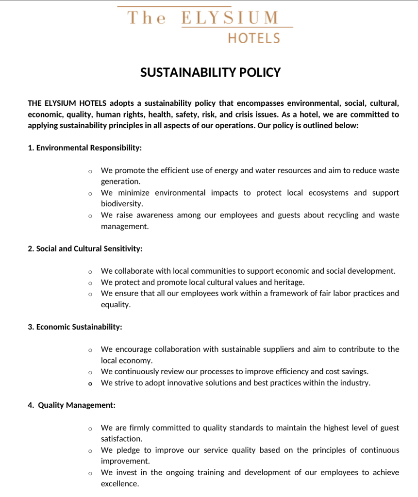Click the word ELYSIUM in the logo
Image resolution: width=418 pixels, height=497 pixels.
[x=230, y=18]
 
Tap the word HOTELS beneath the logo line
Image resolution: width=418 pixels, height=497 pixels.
[x=254, y=38]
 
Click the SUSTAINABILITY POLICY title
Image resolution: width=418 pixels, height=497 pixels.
[x=210, y=73]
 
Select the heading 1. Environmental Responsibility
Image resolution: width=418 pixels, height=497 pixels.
[x=85, y=148]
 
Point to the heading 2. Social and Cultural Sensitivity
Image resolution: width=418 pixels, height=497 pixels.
[x=85, y=248]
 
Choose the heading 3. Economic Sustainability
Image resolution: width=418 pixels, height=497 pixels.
[x=75, y=327]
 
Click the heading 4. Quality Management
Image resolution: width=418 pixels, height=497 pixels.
[x=71, y=405]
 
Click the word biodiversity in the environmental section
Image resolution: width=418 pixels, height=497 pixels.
[x=121, y=204]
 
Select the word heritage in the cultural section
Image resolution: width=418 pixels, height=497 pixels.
[x=289, y=282]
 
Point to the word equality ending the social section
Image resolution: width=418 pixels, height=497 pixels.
[x=116, y=305]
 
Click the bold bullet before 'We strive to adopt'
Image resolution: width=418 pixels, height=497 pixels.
[x=90, y=383]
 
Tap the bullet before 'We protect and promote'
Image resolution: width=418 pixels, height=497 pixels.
[x=90, y=282]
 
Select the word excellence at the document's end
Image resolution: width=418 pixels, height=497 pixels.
[x=119, y=484]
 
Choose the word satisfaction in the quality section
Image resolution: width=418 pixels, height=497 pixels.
[x=121, y=439]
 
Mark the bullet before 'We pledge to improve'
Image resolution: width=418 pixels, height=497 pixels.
[x=90, y=450]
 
